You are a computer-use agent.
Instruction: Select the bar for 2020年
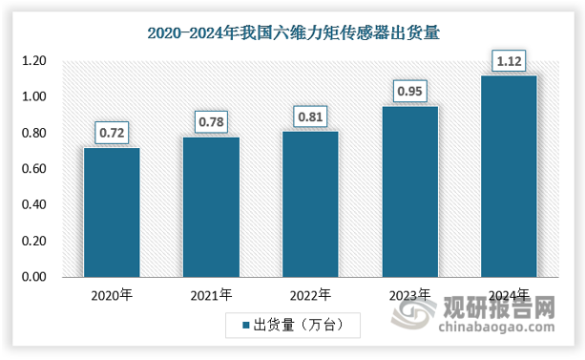click(x=112, y=212)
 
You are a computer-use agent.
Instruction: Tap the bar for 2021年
click(x=211, y=206)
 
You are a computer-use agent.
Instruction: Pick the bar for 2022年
click(x=310, y=203)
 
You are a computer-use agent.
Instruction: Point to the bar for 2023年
click(x=409, y=191)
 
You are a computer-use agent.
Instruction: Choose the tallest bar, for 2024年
click(x=509, y=176)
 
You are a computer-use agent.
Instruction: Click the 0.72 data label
click(x=112, y=132)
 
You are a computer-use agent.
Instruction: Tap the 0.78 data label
click(x=211, y=121)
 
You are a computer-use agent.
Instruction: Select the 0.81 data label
click(x=310, y=116)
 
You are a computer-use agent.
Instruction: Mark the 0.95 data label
click(x=409, y=91)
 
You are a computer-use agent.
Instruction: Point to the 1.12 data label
click(x=509, y=60)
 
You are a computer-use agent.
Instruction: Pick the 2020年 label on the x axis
click(x=112, y=296)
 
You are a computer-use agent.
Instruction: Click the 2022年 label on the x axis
click(x=310, y=296)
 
